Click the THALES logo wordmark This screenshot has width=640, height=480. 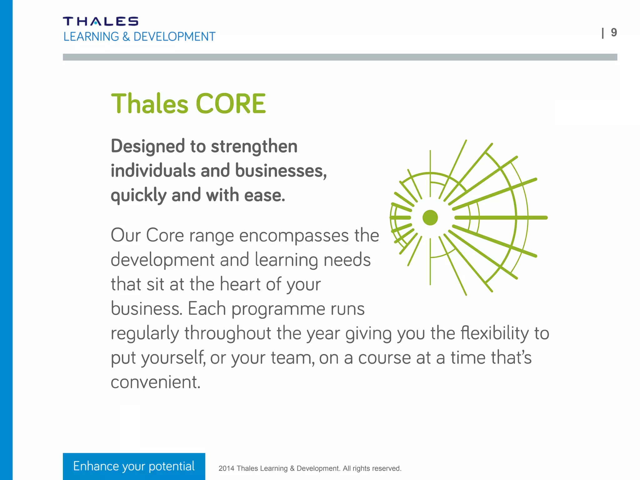(101, 21)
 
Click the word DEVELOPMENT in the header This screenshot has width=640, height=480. (174, 37)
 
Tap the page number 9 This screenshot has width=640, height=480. (614, 32)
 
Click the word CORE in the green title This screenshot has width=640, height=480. (230, 104)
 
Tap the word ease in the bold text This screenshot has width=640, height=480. (264, 195)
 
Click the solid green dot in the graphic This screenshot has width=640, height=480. (430, 217)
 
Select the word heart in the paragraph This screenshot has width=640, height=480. (240, 284)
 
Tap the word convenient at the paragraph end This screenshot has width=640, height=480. (155, 382)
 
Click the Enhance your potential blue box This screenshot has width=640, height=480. (134, 466)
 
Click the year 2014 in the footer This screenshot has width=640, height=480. (226, 468)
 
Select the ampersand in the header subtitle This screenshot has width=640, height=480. (126, 37)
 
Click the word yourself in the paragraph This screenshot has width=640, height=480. (173, 358)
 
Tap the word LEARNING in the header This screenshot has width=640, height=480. (91, 37)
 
